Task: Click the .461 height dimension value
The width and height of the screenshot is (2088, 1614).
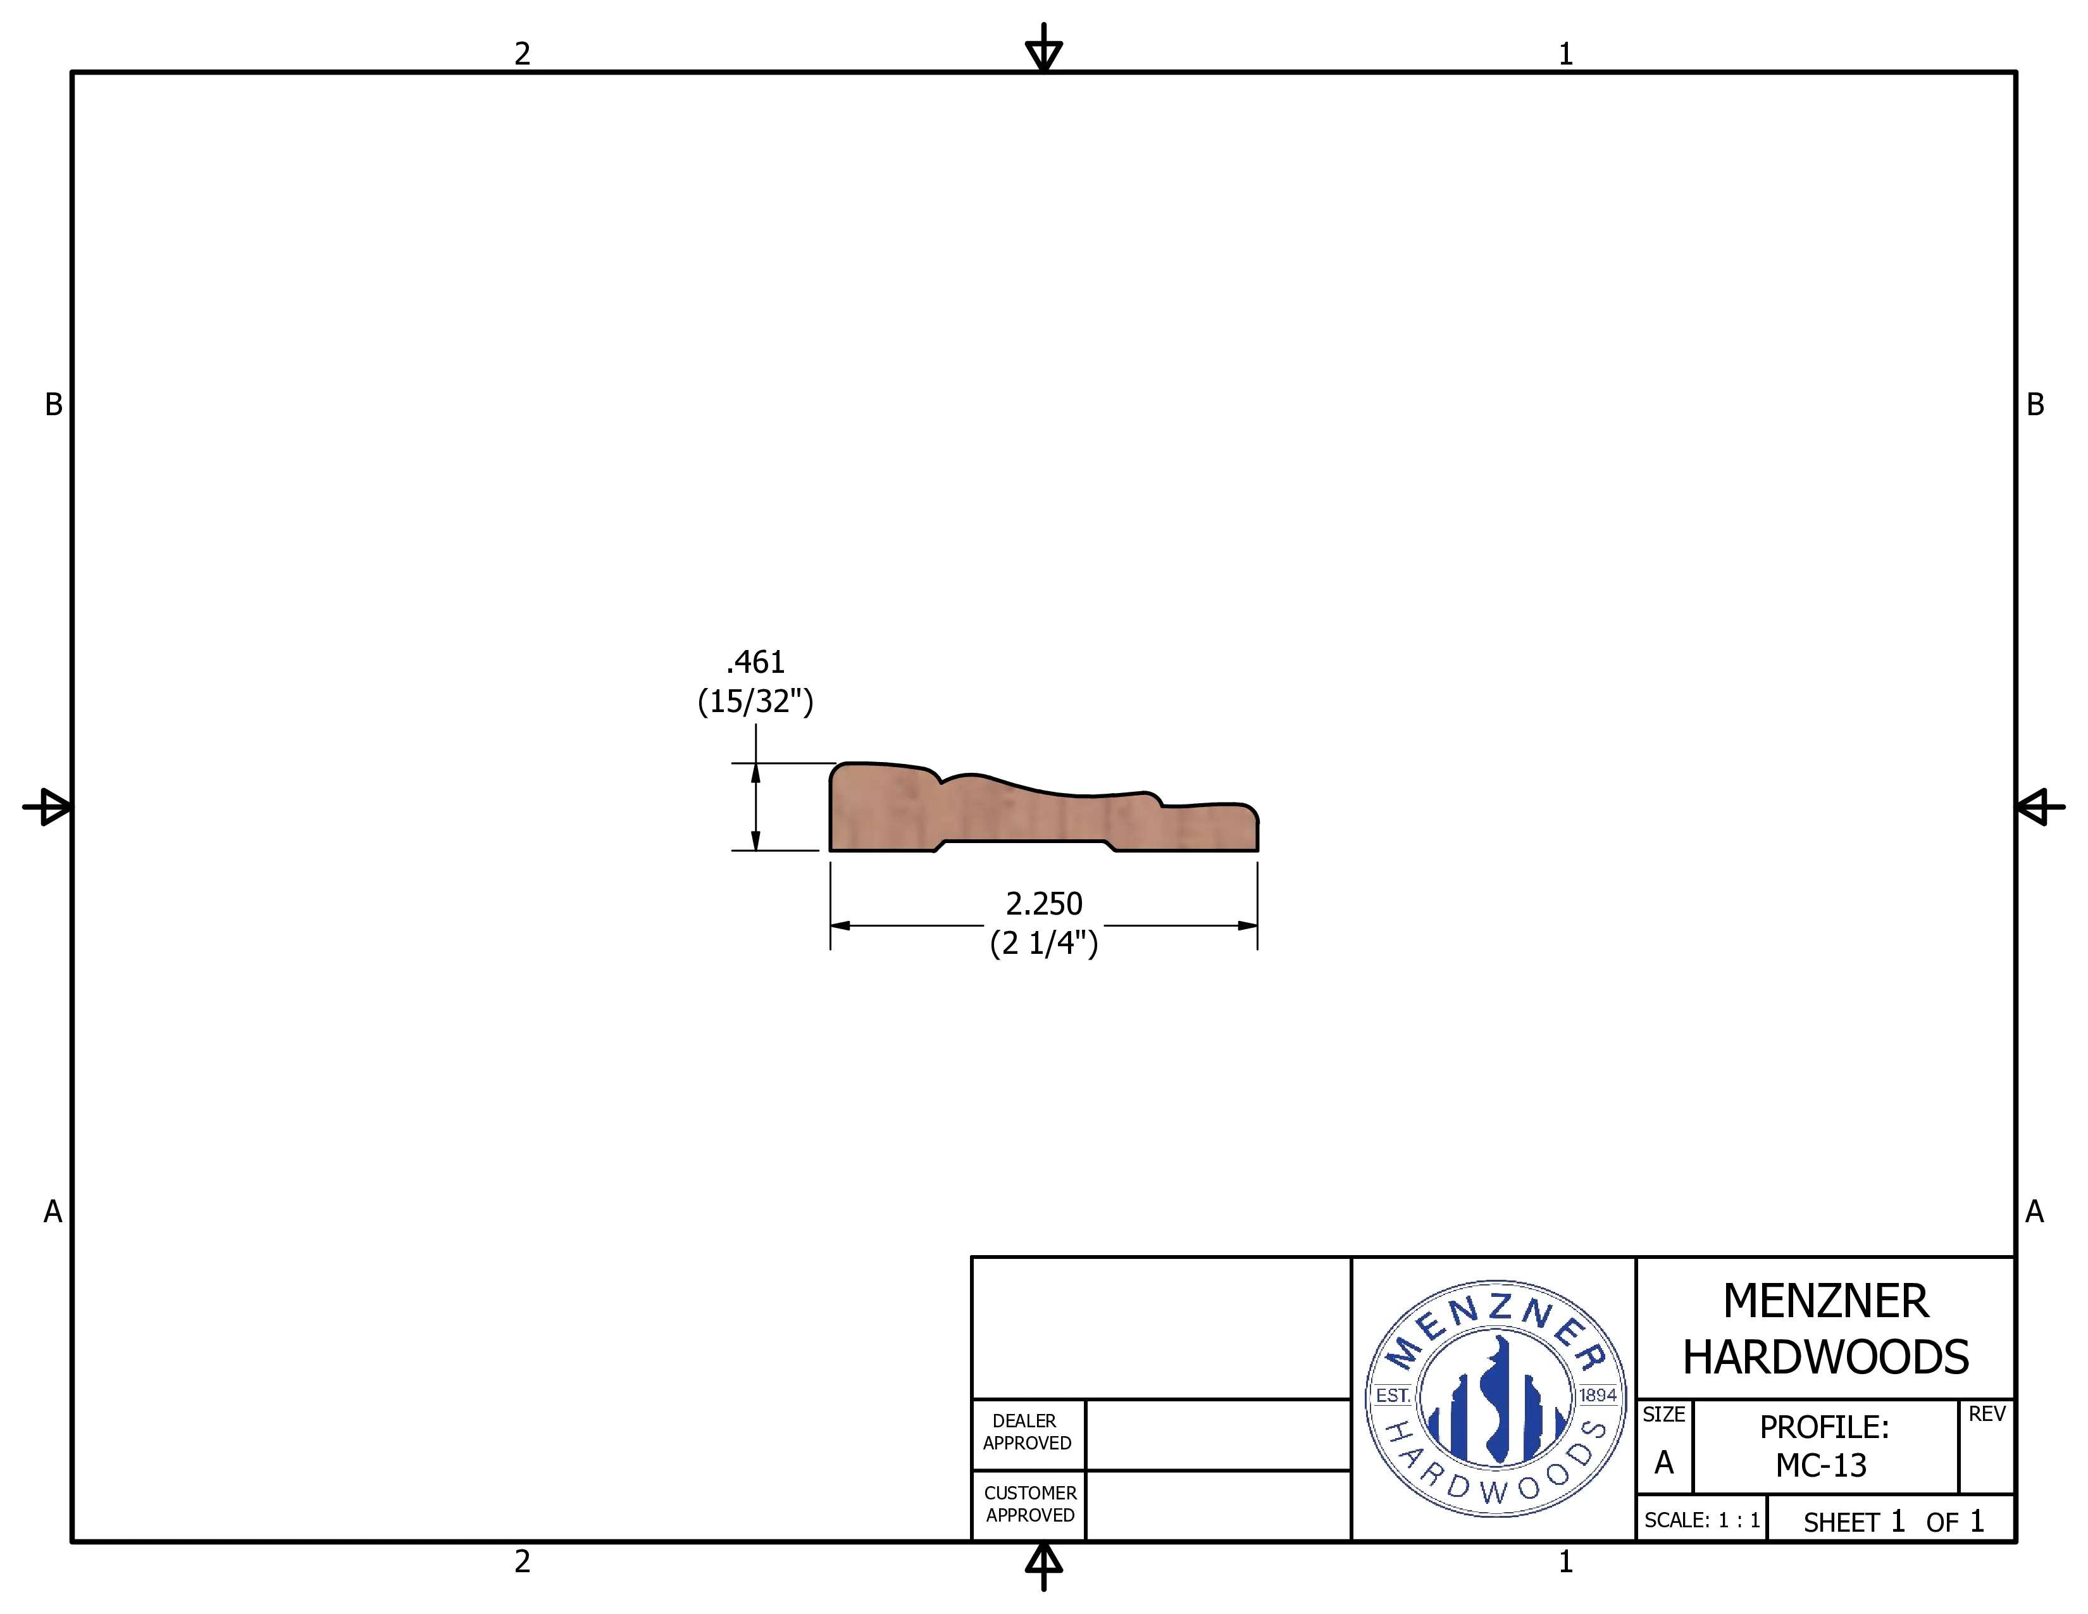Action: (x=755, y=661)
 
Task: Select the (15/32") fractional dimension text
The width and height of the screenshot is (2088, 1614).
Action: (x=755, y=701)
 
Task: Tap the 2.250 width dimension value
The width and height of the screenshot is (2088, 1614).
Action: (x=1044, y=904)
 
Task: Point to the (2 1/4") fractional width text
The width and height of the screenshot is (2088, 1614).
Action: (x=1044, y=943)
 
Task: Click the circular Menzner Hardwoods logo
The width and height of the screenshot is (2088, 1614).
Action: (x=1495, y=1398)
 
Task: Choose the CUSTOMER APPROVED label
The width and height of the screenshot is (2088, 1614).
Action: (x=1029, y=1504)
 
